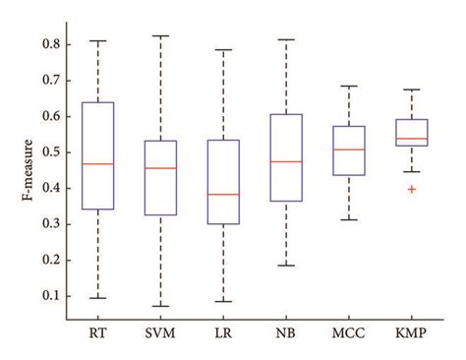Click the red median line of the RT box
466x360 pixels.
point(97,163)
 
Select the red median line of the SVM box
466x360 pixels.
point(160,168)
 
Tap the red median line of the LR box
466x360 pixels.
point(223,194)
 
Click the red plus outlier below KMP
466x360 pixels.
point(412,188)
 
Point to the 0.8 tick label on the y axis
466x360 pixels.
point(50,45)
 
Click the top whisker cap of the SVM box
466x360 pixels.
point(160,36)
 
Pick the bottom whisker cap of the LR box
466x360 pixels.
point(223,301)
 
